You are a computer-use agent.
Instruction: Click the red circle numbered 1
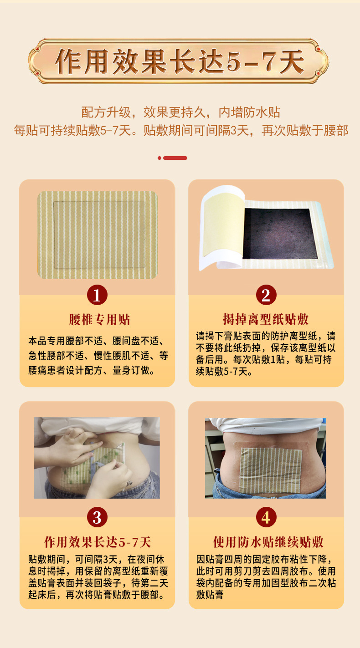[x=97, y=295]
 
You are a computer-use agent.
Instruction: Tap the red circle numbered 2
[x=266, y=295]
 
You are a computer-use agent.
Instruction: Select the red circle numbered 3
[x=97, y=517]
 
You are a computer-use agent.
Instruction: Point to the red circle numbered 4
[x=266, y=517]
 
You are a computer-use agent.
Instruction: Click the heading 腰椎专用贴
[x=99, y=320]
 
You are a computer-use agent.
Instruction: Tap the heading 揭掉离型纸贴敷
[x=266, y=319]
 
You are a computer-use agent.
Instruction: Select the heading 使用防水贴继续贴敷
[x=268, y=542]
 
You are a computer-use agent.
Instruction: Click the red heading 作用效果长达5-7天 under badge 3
[x=98, y=542]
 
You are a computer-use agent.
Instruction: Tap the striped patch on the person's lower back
[x=271, y=471]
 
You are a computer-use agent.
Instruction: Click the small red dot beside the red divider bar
[x=159, y=158]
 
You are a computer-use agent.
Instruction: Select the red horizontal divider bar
[x=175, y=158]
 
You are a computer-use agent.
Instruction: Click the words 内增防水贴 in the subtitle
[x=249, y=112]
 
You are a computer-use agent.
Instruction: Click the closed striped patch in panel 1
[x=98, y=235]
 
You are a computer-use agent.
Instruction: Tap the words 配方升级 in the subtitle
[x=106, y=112]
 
